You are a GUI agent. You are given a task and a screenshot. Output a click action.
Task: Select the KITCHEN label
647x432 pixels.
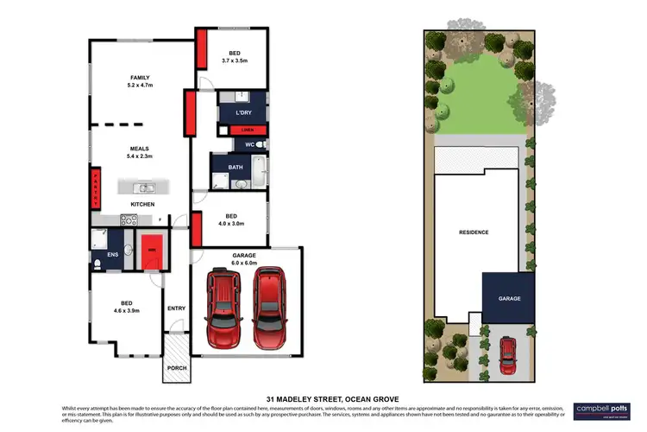pos(142,204)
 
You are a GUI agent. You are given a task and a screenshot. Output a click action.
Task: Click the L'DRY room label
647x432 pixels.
pos(242,113)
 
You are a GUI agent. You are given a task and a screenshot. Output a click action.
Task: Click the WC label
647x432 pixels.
pos(248,143)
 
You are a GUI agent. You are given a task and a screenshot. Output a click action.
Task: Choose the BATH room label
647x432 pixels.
pos(235,168)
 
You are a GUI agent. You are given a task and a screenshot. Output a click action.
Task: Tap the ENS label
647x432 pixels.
pos(101,255)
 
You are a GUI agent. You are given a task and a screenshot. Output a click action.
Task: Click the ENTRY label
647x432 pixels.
pos(176,308)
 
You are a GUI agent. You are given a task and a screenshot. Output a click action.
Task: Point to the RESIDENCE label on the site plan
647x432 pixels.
pos(474,232)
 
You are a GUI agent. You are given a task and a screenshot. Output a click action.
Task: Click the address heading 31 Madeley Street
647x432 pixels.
pos(323,398)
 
